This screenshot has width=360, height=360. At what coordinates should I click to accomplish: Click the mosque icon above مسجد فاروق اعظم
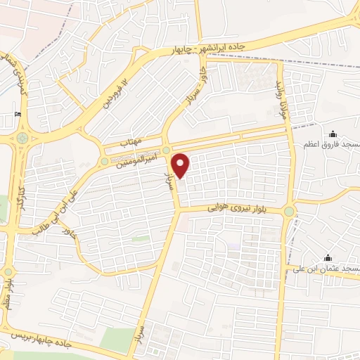point(333,134)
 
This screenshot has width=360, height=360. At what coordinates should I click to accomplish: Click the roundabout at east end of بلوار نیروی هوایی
point(289,211)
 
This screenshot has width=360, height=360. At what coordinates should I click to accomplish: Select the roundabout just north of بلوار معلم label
point(8,271)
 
